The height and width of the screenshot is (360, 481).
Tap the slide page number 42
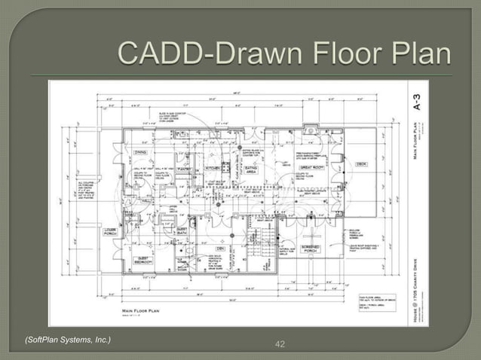coord(280,344)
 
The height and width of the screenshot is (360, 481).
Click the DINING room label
coord(141,152)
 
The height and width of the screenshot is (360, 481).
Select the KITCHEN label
coord(213,168)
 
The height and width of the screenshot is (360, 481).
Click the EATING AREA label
coord(253,172)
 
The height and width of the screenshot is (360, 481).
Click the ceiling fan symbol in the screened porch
coord(311,235)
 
